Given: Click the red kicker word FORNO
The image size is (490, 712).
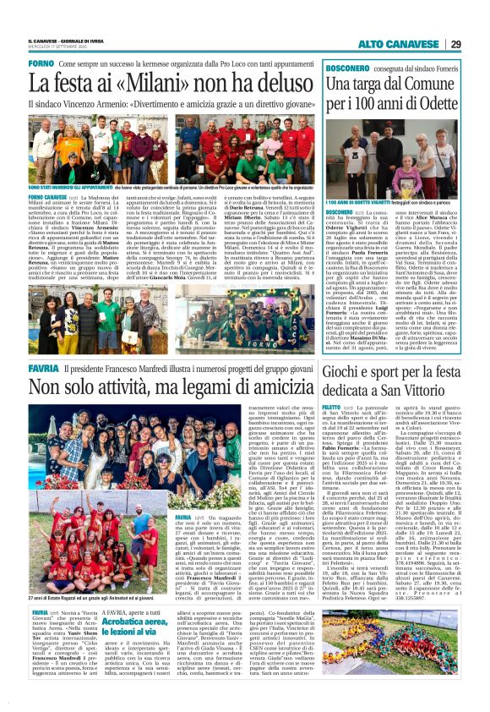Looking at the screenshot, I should pyautogui.click(x=41, y=64).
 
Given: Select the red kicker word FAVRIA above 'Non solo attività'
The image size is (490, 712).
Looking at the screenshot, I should pyautogui.click(x=43, y=370).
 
